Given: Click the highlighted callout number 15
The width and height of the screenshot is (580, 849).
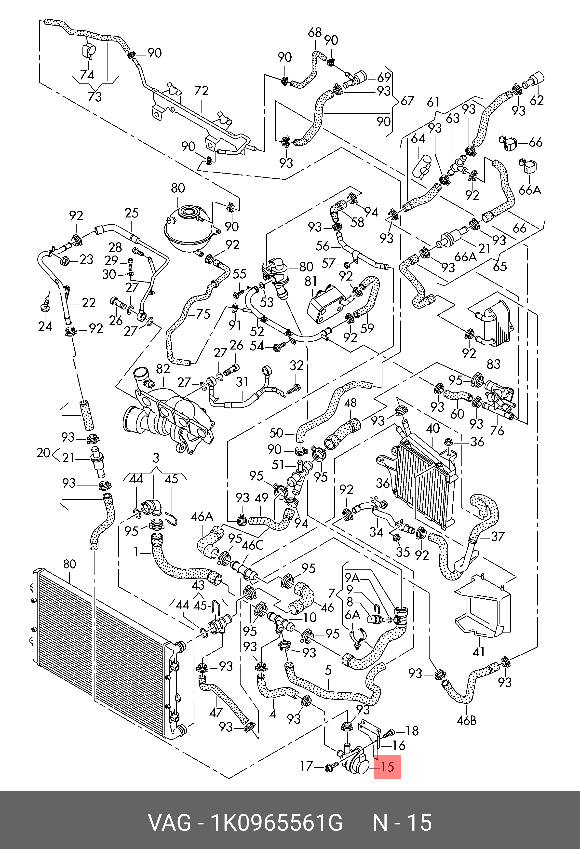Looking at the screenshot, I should [x=388, y=767].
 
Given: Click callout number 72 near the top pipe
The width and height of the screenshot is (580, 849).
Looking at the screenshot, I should [x=201, y=91].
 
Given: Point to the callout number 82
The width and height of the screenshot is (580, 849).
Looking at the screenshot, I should [x=163, y=369].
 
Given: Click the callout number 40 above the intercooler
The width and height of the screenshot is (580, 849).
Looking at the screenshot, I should [x=433, y=428].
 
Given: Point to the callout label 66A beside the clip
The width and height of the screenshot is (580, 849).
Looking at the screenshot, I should [x=530, y=190].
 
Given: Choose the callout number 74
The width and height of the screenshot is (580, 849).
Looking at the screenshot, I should [x=87, y=75].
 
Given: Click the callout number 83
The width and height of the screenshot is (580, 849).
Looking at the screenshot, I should [x=493, y=364].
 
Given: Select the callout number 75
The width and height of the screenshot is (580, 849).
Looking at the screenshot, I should [x=203, y=314].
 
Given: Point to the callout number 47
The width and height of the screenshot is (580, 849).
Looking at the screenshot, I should [x=216, y=712].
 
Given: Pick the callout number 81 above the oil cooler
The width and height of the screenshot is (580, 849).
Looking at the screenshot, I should [x=310, y=281].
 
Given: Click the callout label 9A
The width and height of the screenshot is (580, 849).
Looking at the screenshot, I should [x=352, y=578].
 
